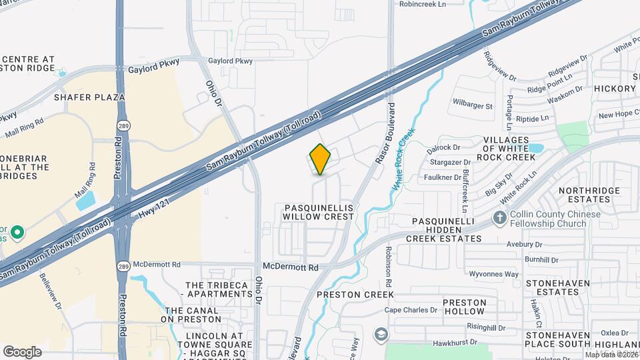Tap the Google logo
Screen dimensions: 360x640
pyautogui.click(x=22, y=351)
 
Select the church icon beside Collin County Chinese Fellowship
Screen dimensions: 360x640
pyautogui.click(x=500, y=217)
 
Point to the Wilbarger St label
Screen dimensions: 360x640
pyautogui.click(x=472, y=105)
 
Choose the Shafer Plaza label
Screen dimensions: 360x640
pyautogui.click(x=90, y=97)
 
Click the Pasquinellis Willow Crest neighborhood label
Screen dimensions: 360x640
pyautogui.click(x=318, y=213)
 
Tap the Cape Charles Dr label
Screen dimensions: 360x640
pyautogui.click(x=411, y=310)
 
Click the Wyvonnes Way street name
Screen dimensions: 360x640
pyautogui.click(x=494, y=274)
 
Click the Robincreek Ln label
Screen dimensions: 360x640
pyautogui.click(x=431, y=4)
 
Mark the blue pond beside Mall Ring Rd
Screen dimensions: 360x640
pyautogui.click(x=85, y=199)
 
